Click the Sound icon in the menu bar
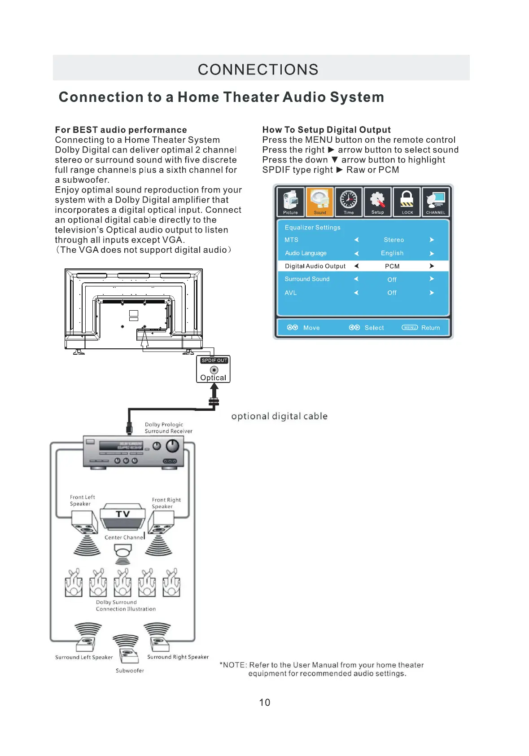(319, 202)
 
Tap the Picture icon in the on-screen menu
(290, 202)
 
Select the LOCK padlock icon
(407, 202)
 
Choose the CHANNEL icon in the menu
(436, 202)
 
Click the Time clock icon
(349, 202)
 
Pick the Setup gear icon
(378, 202)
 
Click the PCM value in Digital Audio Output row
(392, 266)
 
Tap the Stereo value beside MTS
(393, 240)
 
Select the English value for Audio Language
(392, 253)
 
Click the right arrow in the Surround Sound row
(432, 279)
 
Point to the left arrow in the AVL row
(356, 293)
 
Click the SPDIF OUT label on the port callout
(214, 360)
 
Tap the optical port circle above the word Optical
(214, 370)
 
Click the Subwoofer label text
(130, 671)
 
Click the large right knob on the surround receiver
(173, 446)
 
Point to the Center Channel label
(124, 537)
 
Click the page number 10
(265, 703)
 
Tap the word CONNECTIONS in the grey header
(258, 70)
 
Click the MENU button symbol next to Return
(410, 328)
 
